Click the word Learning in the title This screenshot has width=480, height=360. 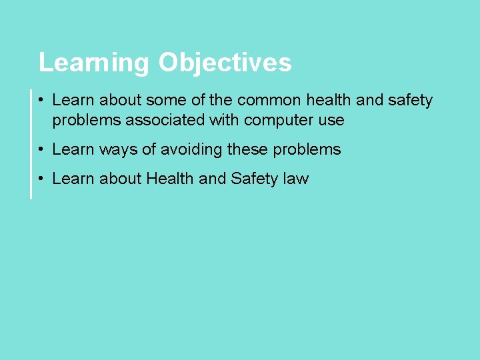[x=94, y=63]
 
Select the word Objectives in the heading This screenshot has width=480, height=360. [x=225, y=63]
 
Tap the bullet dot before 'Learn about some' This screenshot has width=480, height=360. [x=41, y=101]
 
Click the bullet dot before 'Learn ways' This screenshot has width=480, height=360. [x=41, y=150]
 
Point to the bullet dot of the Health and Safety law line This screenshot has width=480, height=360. [x=41, y=179]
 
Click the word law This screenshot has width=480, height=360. [x=295, y=179]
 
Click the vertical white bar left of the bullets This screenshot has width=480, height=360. [x=31, y=144]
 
